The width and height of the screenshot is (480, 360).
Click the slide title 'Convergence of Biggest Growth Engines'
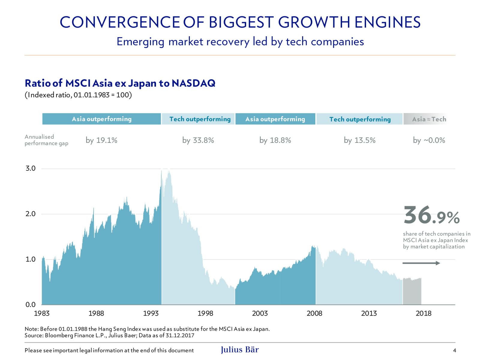[240, 22]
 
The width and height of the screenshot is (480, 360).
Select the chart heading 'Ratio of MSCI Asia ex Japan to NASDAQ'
[120, 83]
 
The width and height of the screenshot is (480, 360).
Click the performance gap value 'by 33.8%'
[198, 140]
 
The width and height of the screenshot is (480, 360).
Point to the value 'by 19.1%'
[101, 140]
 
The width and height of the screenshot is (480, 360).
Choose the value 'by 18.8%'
[275, 140]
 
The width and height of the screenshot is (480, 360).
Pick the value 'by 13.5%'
[359, 140]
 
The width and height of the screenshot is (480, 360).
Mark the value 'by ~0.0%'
[429, 140]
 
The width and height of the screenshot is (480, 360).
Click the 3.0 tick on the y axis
[31, 168]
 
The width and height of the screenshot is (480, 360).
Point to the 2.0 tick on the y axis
[31, 214]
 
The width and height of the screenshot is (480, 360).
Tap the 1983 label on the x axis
[42, 313]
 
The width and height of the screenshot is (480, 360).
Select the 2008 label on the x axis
[314, 313]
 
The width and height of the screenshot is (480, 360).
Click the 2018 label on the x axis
[423, 313]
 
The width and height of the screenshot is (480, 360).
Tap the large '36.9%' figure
[431, 215]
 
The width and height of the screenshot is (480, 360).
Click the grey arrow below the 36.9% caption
[421, 263]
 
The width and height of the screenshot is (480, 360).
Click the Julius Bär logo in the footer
[240, 350]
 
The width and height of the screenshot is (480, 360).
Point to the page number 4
[454, 350]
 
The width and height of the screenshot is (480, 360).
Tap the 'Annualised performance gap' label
[46, 140]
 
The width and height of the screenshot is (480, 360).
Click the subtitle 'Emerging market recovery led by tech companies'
[240, 42]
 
